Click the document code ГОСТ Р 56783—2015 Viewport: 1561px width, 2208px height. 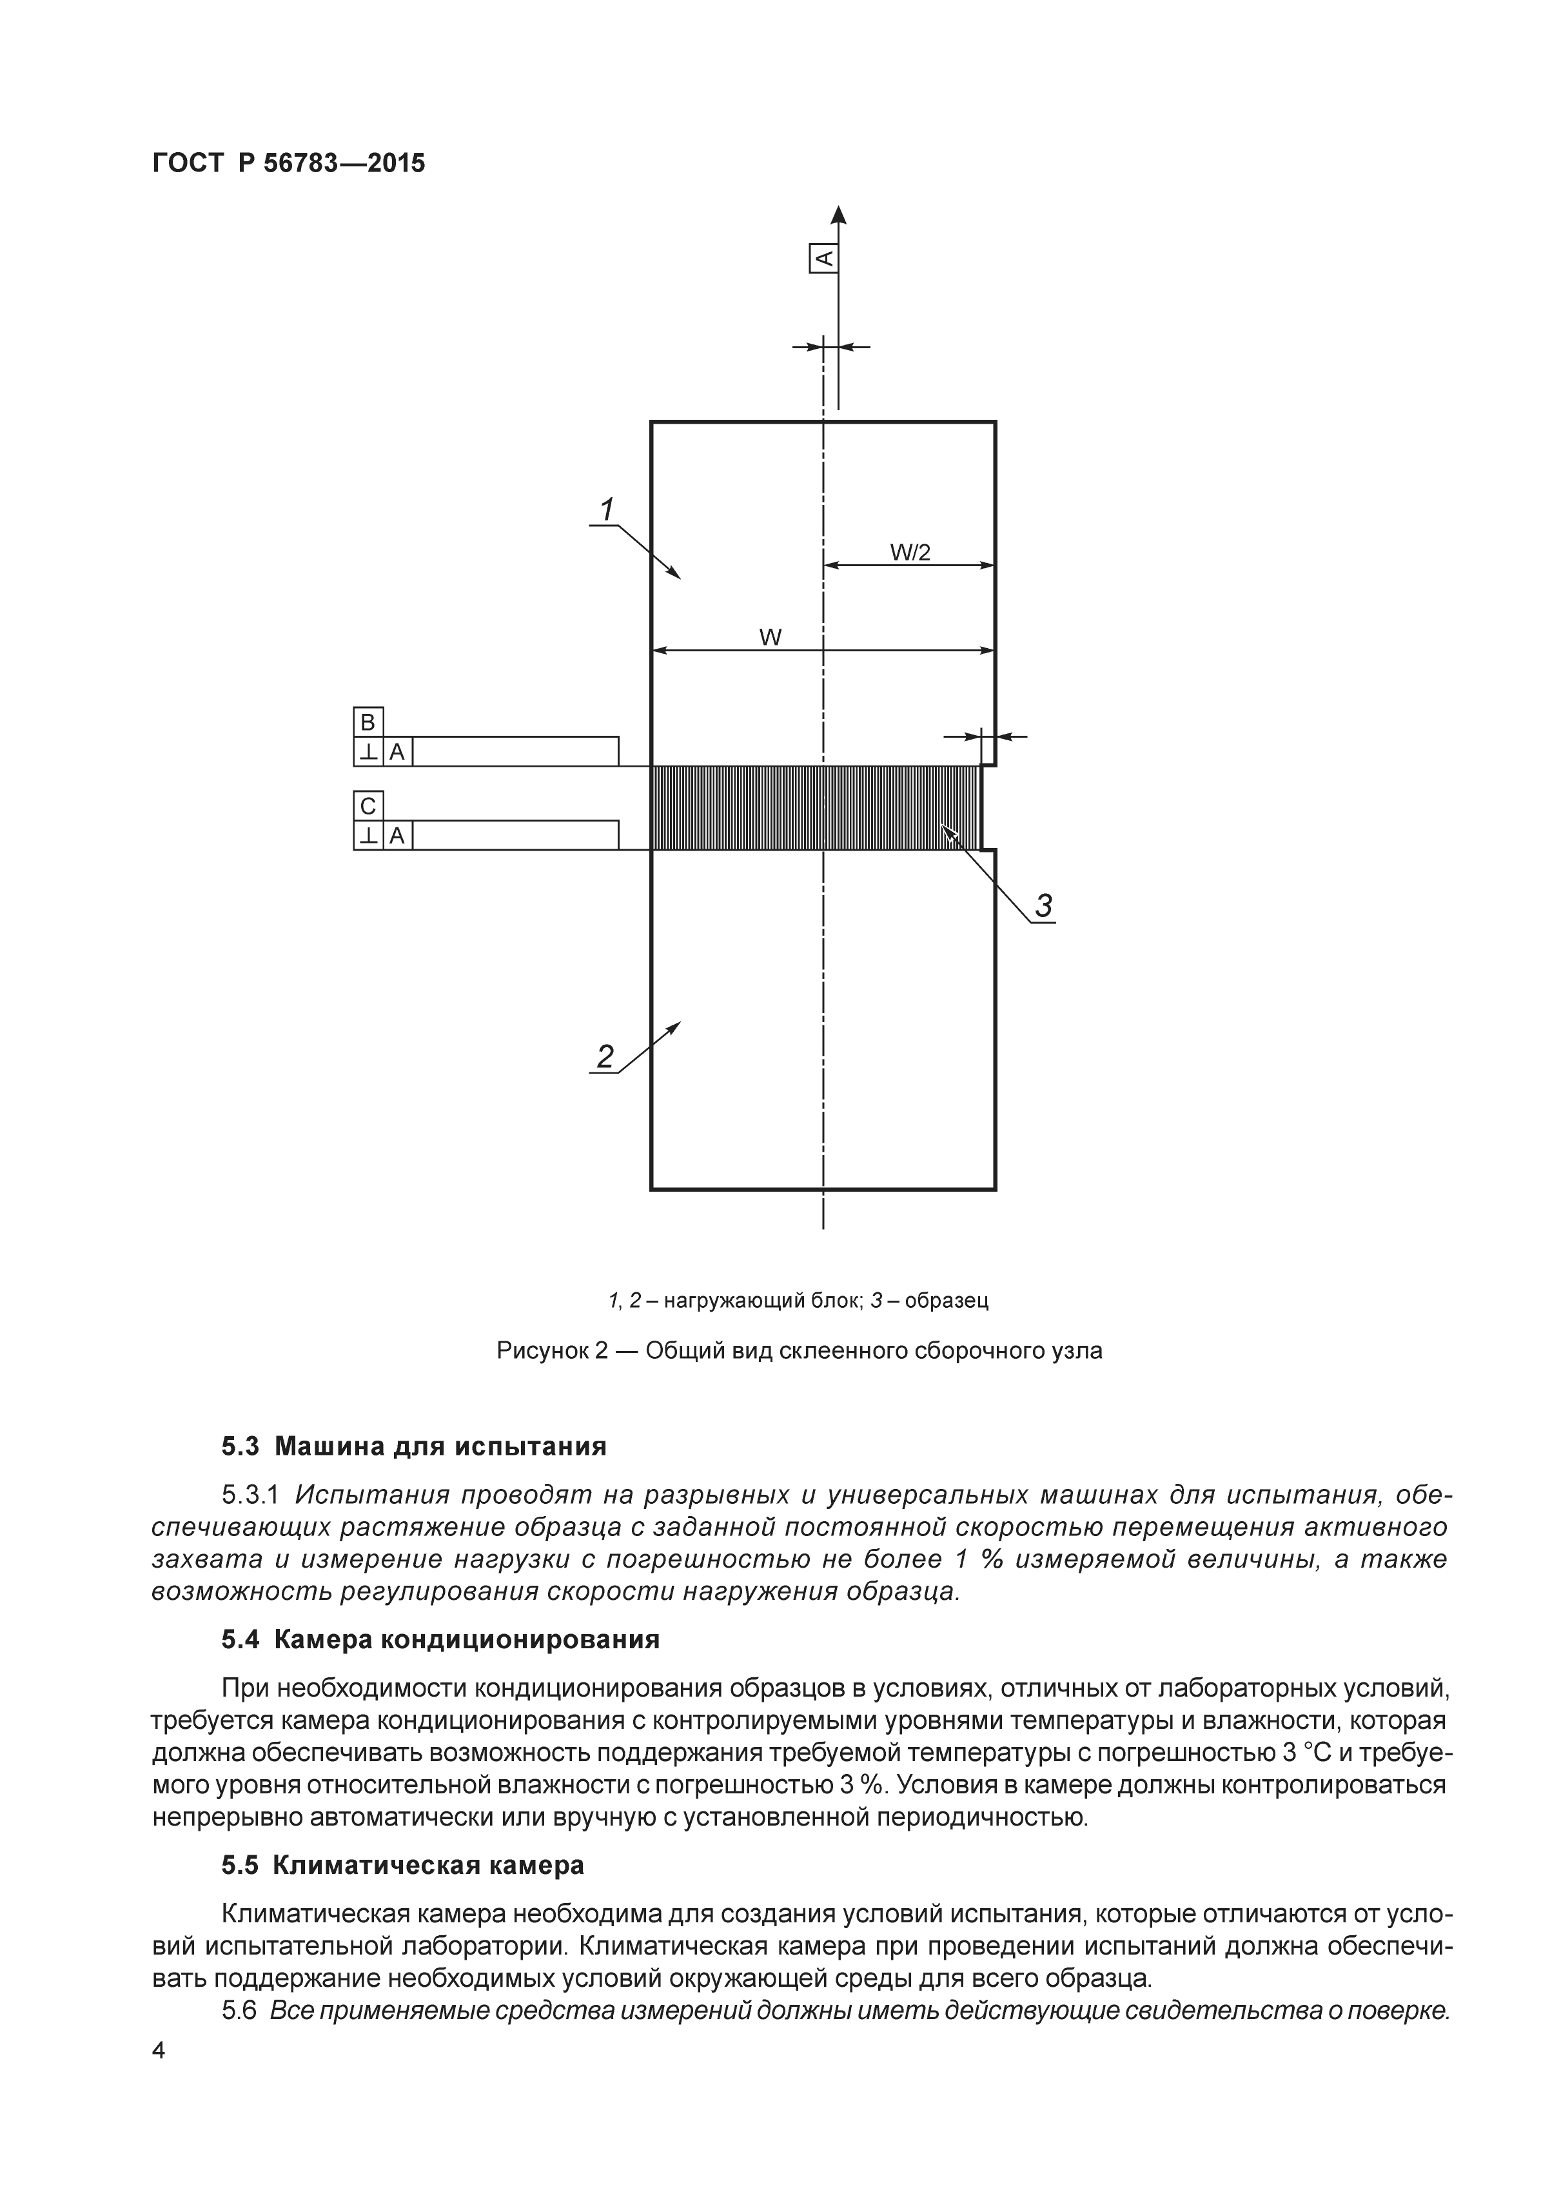289,164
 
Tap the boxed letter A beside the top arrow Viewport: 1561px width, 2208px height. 824,258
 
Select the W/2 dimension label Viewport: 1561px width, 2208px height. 909,552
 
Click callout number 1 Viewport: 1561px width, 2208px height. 607,509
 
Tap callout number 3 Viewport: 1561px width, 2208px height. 1043,905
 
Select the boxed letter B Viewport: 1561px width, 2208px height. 368,722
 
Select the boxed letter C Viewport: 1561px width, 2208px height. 368,806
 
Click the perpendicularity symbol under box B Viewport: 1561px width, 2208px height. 368,752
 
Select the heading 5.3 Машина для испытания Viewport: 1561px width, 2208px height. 413,1446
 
